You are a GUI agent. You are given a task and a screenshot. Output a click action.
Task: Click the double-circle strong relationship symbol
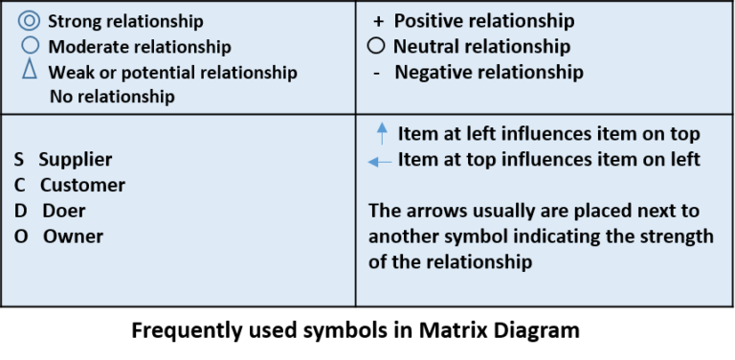point(28,20)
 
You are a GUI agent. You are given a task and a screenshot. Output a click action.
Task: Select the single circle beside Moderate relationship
point(29,45)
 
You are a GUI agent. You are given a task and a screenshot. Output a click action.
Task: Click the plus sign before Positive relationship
point(377,21)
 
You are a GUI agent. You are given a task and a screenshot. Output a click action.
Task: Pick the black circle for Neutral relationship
point(376,46)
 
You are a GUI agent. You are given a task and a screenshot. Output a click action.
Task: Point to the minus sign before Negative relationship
point(376,73)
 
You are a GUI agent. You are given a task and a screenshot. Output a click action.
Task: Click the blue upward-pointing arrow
point(382,133)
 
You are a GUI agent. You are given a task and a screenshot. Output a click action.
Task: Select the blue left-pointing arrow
point(380,162)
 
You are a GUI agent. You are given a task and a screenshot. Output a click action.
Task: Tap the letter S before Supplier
point(19,160)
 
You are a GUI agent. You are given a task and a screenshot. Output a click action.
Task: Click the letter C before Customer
point(19,185)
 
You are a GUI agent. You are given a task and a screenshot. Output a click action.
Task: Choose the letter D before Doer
point(20,210)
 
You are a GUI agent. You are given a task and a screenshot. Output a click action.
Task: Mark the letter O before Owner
point(20,236)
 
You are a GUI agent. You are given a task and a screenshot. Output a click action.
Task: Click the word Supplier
point(75,160)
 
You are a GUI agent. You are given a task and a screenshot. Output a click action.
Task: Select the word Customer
point(82,185)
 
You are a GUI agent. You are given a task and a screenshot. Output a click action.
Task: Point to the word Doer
point(63,210)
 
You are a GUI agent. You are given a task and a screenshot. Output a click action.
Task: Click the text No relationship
point(112,96)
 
